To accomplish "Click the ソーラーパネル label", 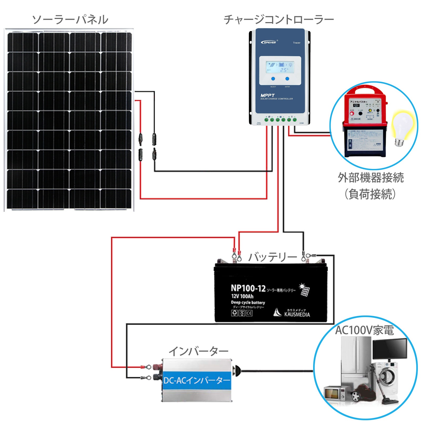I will click(x=70, y=20).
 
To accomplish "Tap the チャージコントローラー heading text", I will click(x=279, y=20).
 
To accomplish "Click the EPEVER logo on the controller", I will click(x=269, y=42).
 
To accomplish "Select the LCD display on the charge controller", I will click(x=280, y=67).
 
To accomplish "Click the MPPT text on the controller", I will click(x=267, y=95).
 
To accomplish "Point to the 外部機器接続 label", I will click(x=371, y=178).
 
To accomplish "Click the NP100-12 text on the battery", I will click(x=248, y=288).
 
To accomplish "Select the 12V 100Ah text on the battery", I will click(x=242, y=296).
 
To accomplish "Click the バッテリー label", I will click(x=273, y=257).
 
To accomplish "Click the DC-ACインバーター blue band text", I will click(x=197, y=380).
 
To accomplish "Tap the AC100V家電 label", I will click(x=364, y=330).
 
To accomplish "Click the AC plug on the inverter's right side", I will click(x=237, y=371).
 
